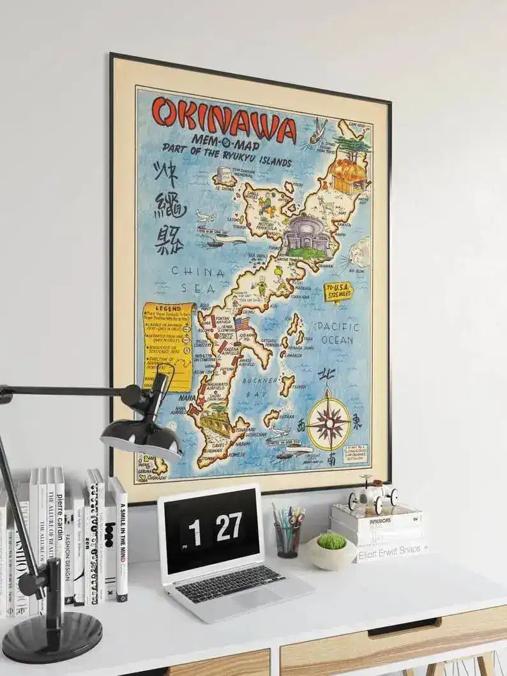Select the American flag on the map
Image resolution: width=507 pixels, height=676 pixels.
click(242, 324)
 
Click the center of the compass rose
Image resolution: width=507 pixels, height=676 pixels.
click(328, 422)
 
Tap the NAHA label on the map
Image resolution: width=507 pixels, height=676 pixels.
click(186, 397)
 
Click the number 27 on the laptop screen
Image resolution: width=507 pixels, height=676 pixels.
click(228, 527)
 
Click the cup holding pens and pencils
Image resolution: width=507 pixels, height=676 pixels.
click(287, 539)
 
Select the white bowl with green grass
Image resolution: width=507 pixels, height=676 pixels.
click(331, 550)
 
